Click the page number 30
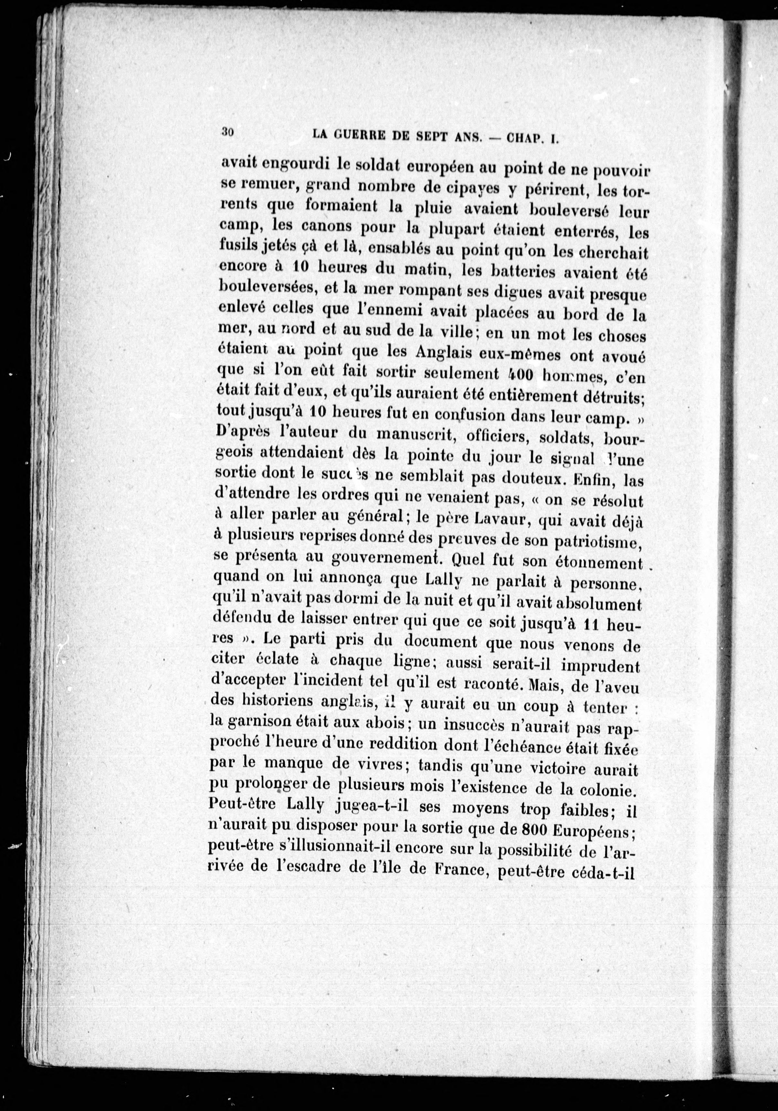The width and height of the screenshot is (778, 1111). point(227,132)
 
